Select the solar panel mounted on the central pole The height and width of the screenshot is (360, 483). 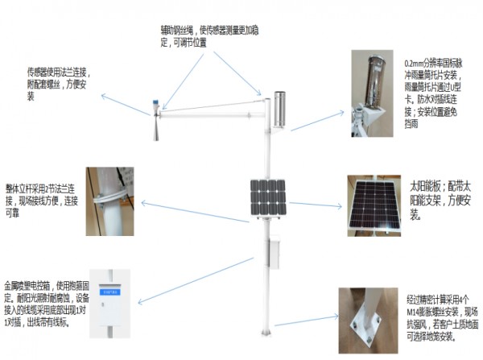pos(266,197)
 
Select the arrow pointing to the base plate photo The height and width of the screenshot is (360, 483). pos(304,321)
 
